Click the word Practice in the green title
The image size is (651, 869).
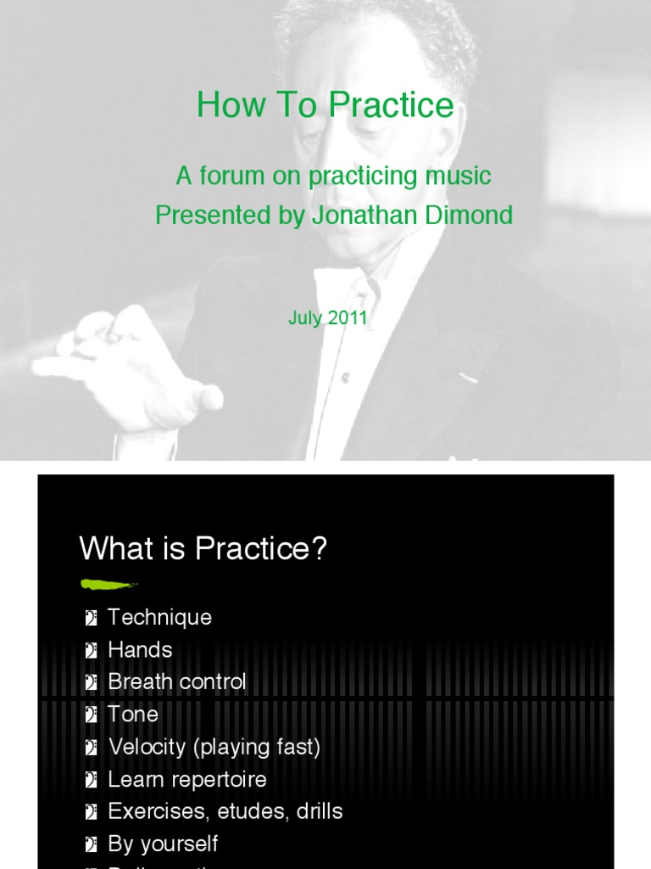[391, 106]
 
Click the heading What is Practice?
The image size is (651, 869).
[203, 548]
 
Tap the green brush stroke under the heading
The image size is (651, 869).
[108, 584]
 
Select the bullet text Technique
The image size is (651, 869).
[159, 617]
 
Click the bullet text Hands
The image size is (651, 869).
[140, 649]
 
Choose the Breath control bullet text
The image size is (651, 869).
[177, 681]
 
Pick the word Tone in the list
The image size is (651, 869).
[133, 714]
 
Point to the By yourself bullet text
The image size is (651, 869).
[163, 844]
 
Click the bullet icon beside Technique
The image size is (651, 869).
[91, 618]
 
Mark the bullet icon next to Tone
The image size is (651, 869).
[91, 715]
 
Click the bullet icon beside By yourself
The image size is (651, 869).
[91, 844]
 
